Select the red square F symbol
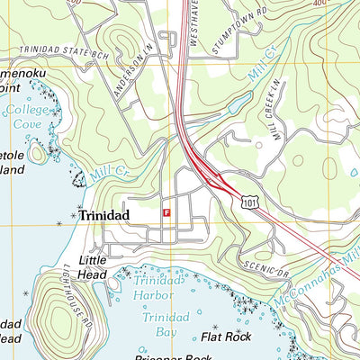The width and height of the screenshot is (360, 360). pos(166,212)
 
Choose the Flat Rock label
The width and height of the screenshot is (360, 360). pos(225,337)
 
